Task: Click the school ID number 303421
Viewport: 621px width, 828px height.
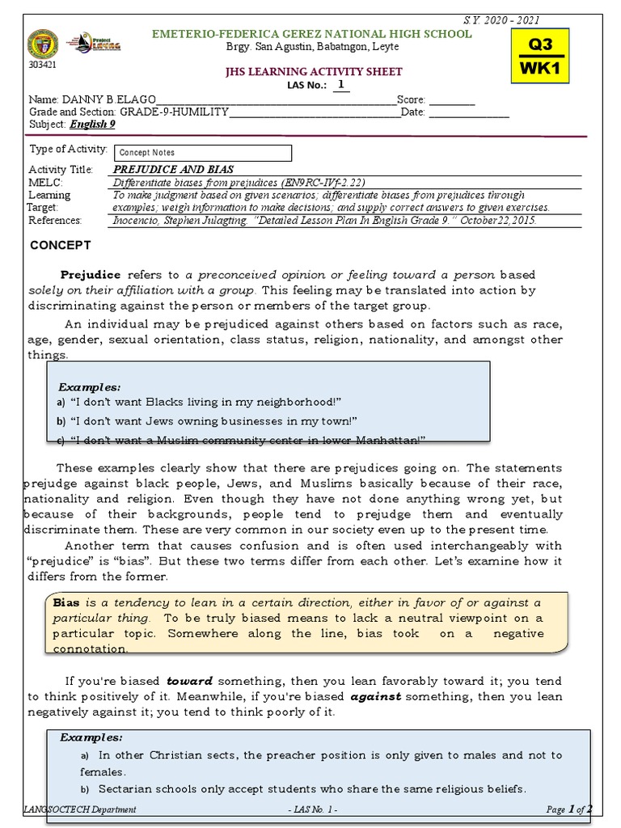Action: (39, 65)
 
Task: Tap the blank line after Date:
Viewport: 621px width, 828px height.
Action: (468, 112)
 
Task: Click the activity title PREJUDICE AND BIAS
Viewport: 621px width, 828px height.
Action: (173, 170)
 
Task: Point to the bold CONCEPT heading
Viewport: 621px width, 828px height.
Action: (61, 245)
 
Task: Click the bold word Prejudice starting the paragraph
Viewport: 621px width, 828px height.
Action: (91, 275)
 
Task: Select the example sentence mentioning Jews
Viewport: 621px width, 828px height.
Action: (213, 420)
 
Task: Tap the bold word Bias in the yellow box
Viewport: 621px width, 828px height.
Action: (66, 603)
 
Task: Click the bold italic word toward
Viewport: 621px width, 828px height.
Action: (190, 681)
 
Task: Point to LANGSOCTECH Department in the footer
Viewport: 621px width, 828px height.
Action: (82, 809)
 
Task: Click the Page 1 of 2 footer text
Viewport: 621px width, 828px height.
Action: (569, 809)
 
